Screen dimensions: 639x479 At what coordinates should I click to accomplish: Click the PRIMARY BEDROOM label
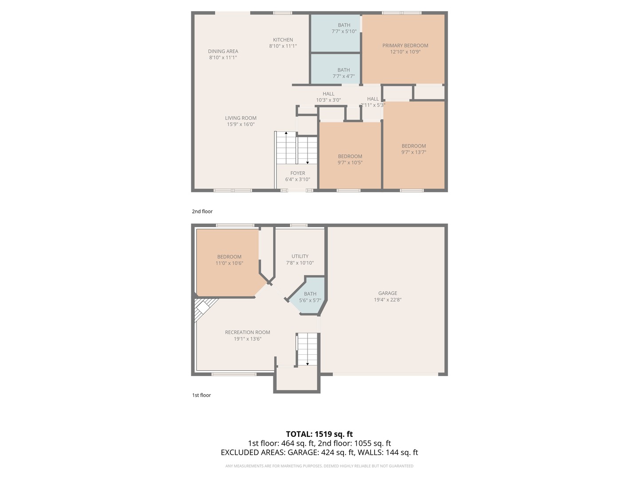click(405, 46)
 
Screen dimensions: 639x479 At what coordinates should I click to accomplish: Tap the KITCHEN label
click(283, 40)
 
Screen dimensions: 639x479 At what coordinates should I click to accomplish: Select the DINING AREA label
click(223, 51)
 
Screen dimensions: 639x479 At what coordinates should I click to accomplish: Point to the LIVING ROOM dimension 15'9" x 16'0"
click(241, 124)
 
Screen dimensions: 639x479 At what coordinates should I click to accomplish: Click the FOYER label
click(297, 173)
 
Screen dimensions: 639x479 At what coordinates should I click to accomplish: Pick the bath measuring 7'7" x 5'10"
click(335, 33)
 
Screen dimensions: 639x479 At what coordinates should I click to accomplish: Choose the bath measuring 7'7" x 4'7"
click(335, 69)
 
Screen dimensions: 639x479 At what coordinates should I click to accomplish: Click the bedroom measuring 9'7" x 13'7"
click(414, 145)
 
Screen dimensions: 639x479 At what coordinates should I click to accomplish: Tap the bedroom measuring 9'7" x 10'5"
click(350, 156)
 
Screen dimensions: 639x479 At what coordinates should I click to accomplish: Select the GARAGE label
click(387, 293)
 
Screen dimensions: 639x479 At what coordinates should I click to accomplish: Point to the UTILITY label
click(300, 256)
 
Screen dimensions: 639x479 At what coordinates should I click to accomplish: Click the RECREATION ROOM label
click(248, 332)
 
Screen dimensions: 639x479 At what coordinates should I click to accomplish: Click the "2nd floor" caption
click(202, 212)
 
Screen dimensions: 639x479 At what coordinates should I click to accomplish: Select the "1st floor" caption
click(201, 395)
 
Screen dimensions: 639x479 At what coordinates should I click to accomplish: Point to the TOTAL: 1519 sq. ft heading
click(319, 434)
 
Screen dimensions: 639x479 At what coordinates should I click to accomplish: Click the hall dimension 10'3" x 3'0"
click(328, 100)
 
